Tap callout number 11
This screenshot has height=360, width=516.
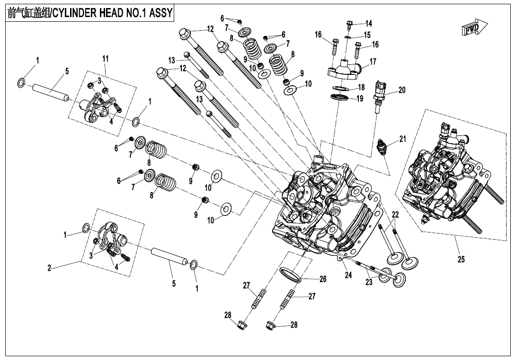click(x=106, y=58)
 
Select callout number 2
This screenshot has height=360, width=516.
click(x=49, y=268)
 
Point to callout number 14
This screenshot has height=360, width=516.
click(x=369, y=23)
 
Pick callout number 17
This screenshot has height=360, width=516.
click(x=373, y=62)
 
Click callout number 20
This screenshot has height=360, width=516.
click(x=402, y=90)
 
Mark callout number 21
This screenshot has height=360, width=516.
click(x=402, y=139)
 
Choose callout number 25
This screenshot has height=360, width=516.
click(x=461, y=259)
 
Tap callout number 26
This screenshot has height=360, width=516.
click(x=323, y=279)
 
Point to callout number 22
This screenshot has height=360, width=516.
click(x=395, y=215)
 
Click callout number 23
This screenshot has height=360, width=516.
click(x=369, y=282)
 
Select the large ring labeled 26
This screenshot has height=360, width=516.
click(x=291, y=275)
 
